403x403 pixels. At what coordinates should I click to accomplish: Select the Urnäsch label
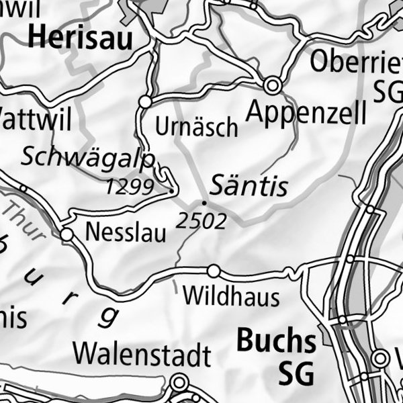pyautogui.click(x=196, y=126)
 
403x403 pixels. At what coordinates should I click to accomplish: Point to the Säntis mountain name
pyautogui.click(x=249, y=185)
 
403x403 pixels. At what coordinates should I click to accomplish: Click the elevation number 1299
pyautogui.click(x=130, y=187)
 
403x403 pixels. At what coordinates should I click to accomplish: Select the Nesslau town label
pyautogui.click(x=126, y=233)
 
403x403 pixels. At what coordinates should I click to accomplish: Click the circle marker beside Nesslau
pyautogui.click(x=66, y=235)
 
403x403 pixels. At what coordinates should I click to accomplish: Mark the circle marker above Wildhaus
pyautogui.click(x=214, y=271)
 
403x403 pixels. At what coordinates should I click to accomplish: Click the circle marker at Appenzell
pyautogui.click(x=272, y=85)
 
